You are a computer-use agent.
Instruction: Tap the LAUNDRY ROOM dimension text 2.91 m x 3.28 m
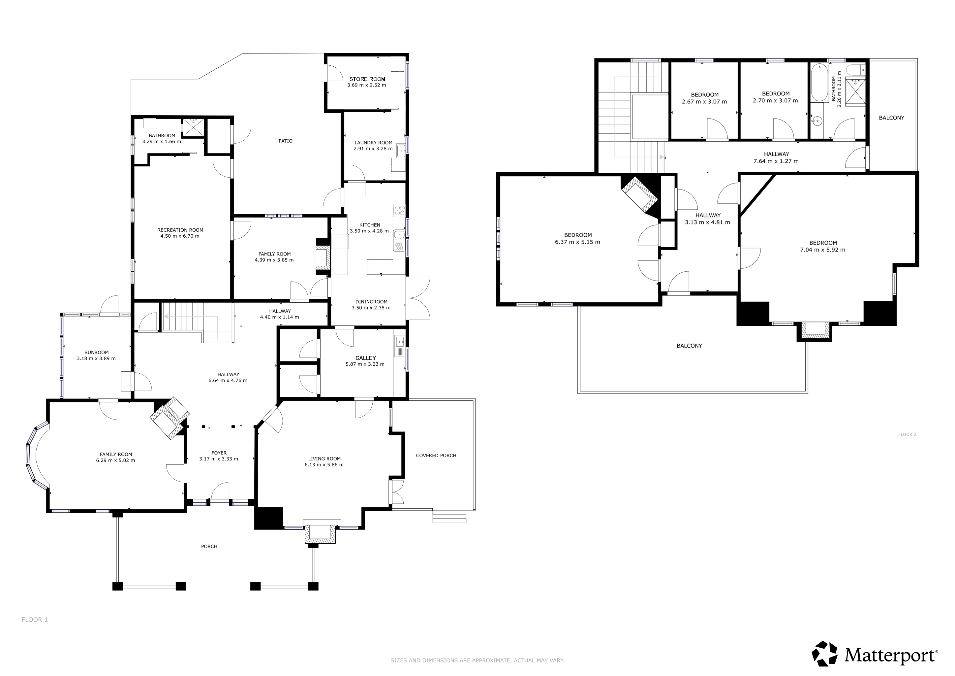click(x=373, y=149)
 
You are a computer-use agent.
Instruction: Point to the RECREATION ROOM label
click(x=180, y=230)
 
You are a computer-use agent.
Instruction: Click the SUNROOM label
click(x=97, y=353)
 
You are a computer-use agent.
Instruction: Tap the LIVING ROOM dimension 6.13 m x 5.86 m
click(x=324, y=464)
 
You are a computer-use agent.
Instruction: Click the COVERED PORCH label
click(x=436, y=456)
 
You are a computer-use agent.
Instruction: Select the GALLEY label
click(x=366, y=358)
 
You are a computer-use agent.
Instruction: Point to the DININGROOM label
click(x=371, y=302)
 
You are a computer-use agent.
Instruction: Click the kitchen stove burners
click(x=399, y=210)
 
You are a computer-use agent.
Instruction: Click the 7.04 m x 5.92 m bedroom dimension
click(x=823, y=250)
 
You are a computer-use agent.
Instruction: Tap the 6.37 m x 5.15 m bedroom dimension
click(x=577, y=242)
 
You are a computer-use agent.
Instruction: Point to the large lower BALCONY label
click(x=689, y=346)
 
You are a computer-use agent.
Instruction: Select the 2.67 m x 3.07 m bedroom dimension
click(x=704, y=102)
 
